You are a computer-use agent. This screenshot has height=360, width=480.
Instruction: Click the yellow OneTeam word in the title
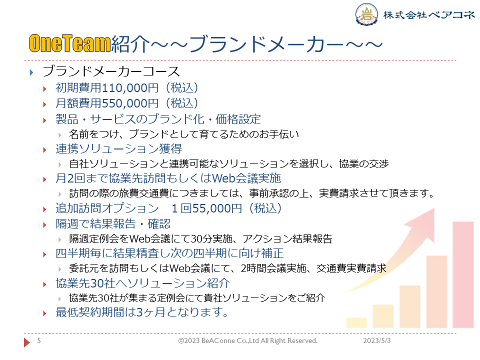[x=70, y=43]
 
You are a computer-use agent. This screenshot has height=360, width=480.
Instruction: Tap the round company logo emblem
[x=366, y=14]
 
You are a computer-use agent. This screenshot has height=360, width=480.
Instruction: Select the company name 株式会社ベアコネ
[x=429, y=14]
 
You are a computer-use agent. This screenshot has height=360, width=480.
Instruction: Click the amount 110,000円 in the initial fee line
[x=130, y=88]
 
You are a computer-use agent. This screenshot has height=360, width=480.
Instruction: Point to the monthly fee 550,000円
[x=130, y=103]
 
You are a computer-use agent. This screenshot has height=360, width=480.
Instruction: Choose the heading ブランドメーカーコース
[x=111, y=71]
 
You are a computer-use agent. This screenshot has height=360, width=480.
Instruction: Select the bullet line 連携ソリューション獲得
[x=119, y=149]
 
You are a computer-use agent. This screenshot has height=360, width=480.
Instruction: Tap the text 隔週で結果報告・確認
[x=113, y=224]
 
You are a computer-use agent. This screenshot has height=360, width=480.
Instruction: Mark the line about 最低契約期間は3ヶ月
[x=141, y=312]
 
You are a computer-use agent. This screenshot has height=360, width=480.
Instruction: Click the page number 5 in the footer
[x=39, y=340]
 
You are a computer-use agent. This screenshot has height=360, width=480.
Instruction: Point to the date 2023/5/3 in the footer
[x=377, y=340]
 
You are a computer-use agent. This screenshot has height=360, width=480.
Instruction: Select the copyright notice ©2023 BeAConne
[x=248, y=340]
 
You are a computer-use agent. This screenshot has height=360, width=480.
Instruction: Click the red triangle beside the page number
[x=27, y=342]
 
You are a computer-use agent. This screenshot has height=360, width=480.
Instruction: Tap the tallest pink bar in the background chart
[x=463, y=275]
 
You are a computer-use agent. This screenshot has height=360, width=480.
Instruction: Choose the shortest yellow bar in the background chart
[x=356, y=322]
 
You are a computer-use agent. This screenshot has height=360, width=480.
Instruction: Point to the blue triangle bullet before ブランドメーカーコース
[x=31, y=72]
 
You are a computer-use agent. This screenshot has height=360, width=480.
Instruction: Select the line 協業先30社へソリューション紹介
[x=142, y=283]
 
